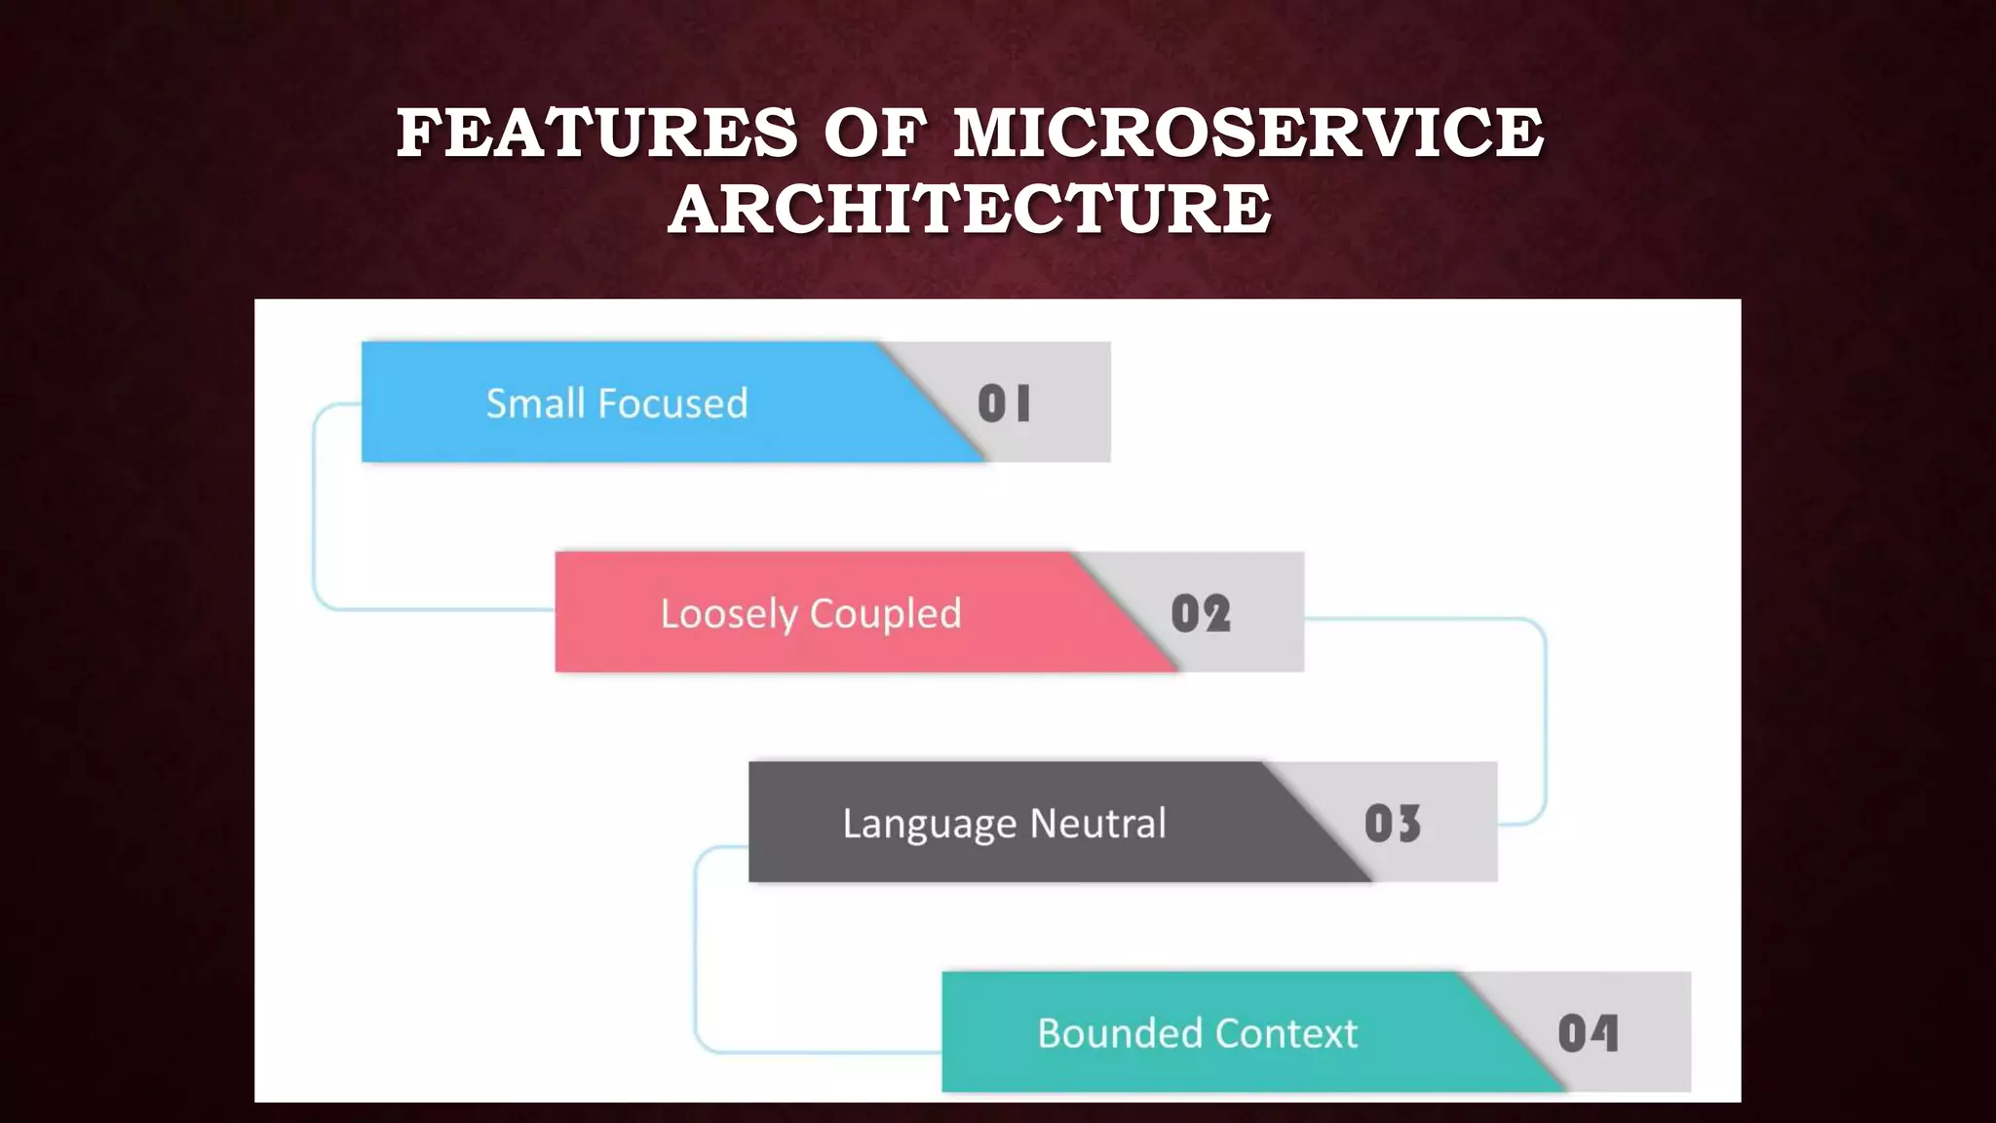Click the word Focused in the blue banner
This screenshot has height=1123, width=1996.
click(x=672, y=403)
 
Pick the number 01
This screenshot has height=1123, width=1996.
click(x=1004, y=403)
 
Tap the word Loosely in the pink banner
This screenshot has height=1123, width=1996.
click(x=729, y=614)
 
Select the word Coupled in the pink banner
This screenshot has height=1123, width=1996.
click(x=885, y=614)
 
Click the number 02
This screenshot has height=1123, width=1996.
click(x=1201, y=614)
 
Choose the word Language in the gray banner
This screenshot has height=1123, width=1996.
click(x=930, y=824)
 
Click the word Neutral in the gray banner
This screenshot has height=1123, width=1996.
click(x=1098, y=824)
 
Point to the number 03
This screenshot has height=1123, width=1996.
click(x=1393, y=824)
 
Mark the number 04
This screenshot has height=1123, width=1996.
click(x=1588, y=1033)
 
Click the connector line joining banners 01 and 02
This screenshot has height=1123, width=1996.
click(x=314, y=507)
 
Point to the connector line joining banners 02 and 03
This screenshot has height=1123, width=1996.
click(x=1546, y=721)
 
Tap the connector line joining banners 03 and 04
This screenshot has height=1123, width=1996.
click(x=695, y=950)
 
